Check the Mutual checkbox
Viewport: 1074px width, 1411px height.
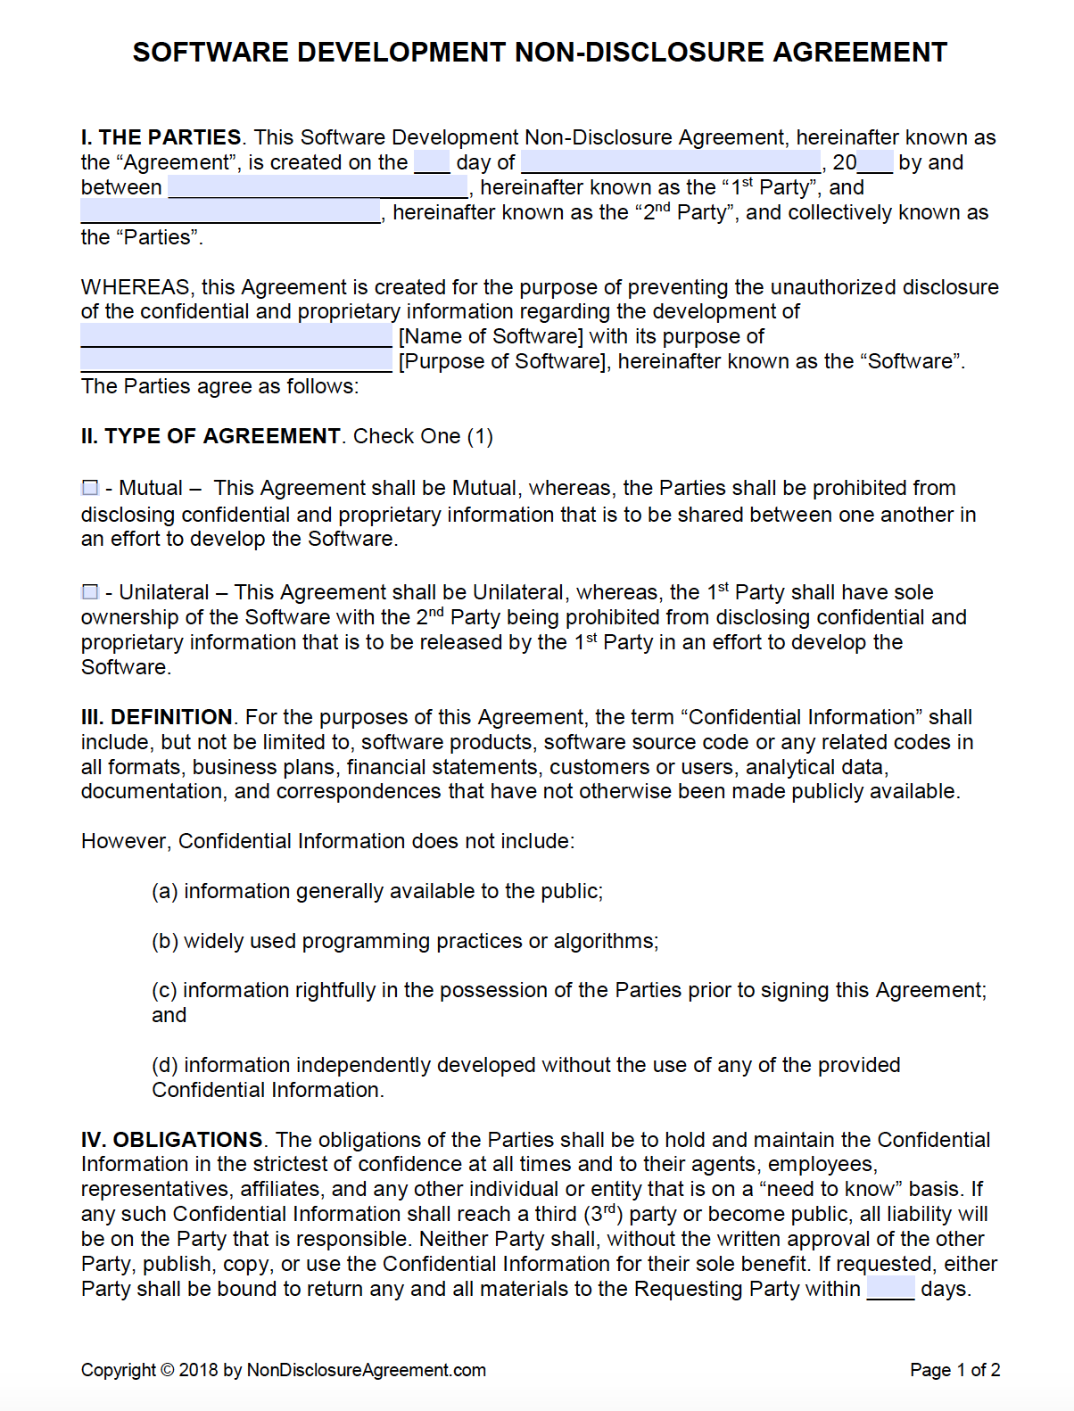tap(90, 488)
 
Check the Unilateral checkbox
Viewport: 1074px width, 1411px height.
tap(90, 592)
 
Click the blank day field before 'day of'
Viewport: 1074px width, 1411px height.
tap(432, 162)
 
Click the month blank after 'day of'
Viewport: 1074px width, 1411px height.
tap(670, 162)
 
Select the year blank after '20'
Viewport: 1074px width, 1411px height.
tap(875, 162)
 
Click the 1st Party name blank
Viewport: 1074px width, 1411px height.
tap(318, 187)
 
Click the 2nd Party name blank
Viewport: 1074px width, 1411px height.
tap(230, 212)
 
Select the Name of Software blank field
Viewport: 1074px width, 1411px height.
tap(236, 336)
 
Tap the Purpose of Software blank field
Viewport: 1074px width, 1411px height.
tap(236, 361)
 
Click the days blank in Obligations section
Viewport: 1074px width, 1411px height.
tap(890, 1289)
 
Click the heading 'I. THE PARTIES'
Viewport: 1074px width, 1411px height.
tap(161, 137)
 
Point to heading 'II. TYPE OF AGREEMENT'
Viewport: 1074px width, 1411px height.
tap(211, 436)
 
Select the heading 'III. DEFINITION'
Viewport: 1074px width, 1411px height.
tap(156, 717)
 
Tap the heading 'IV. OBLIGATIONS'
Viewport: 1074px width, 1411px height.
tap(171, 1140)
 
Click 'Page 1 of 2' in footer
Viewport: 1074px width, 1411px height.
tap(954, 1370)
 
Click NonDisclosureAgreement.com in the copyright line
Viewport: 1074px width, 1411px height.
tap(366, 1370)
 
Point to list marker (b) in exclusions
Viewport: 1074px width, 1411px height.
tap(165, 941)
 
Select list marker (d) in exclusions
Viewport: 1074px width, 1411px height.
tap(165, 1065)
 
